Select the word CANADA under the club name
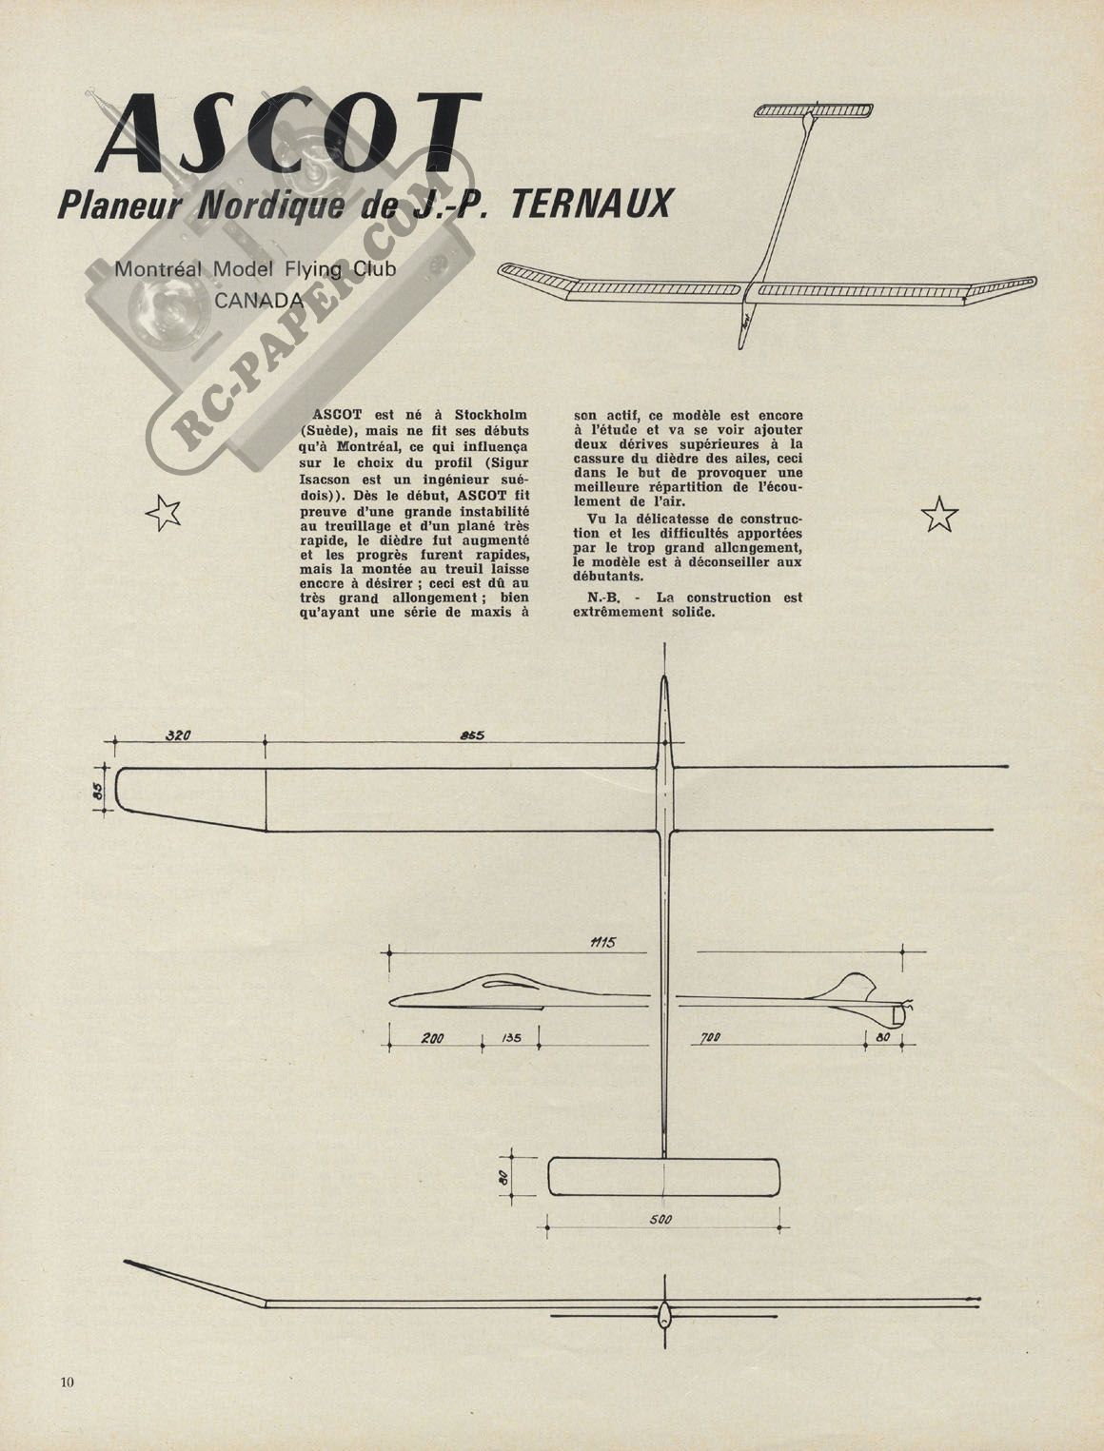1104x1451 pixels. click(x=259, y=301)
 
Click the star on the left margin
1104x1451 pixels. click(x=163, y=514)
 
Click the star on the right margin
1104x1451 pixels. click(x=939, y=514)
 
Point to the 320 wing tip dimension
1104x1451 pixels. click(x=178, y=735)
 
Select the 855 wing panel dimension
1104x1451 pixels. click(x=472, y=735)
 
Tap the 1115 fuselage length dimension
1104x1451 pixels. click(x=602, y=942)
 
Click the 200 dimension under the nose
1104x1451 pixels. click(x=433, y=1038)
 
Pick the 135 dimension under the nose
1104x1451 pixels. click(x=510, y=1038)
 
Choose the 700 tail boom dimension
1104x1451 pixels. click(x=709, y=1038)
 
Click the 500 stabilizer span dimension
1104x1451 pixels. click(x=660, y=1219)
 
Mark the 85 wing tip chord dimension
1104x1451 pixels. click(x=96, y=790)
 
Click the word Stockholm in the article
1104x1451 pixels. click(x=490, y=415)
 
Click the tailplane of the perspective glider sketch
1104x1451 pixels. click(x=814, y=109)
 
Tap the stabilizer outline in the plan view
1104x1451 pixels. click(x=663, y=1177)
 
